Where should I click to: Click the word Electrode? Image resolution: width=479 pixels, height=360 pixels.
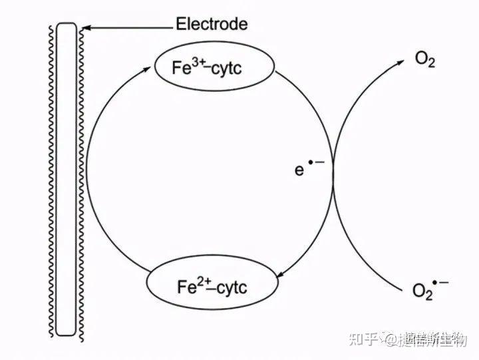tap(211, 25)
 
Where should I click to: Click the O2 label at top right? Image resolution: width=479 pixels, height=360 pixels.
tap(425, 59)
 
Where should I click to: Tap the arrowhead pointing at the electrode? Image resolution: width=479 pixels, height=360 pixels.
tap(85, 27)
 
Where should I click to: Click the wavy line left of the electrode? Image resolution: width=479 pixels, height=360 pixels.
tap(51, 180)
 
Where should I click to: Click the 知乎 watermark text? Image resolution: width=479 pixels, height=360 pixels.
tap(358, 339)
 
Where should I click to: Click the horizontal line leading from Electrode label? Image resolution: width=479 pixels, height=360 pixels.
tap(130, 27)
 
